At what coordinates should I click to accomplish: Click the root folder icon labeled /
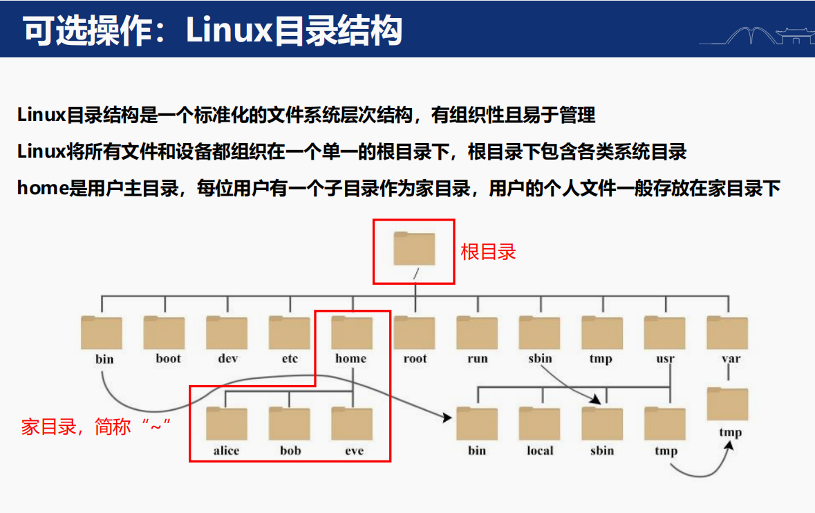(414, 249)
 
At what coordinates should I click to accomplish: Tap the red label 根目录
(488, 252)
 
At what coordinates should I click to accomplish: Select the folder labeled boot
(165, 333)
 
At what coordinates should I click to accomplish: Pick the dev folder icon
(227, 333)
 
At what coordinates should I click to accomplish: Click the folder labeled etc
(290, 333)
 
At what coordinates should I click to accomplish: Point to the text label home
(351, 359)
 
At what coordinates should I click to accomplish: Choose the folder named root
(415, 333)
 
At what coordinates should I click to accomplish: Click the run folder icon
(477, 333)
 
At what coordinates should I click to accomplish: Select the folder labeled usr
(665, 333)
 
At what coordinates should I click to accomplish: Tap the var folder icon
(727, 333)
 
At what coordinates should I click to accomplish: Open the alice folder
(227, 424)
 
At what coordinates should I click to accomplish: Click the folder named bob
(290, 424)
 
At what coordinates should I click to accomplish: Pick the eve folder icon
(352, 424)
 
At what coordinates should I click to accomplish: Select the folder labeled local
(540, 424)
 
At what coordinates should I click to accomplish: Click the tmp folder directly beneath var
(728, 404)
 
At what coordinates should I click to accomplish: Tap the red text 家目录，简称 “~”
(97, 427)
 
